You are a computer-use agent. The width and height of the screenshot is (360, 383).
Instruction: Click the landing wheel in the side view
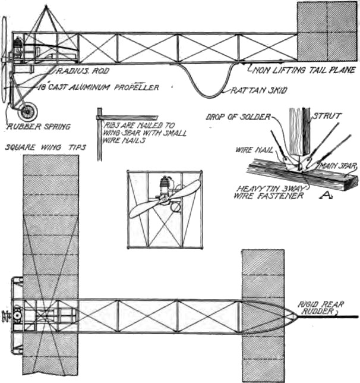[27, 111]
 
